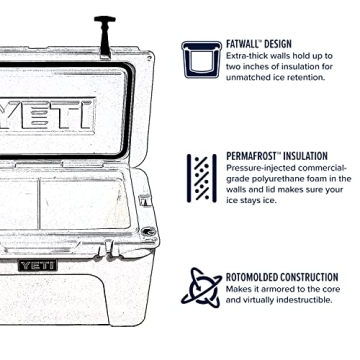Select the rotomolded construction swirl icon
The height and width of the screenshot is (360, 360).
tap(204, 285)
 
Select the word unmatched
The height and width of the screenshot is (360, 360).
tap(248, 81)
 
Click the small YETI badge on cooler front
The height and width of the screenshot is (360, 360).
tap(37, 265)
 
